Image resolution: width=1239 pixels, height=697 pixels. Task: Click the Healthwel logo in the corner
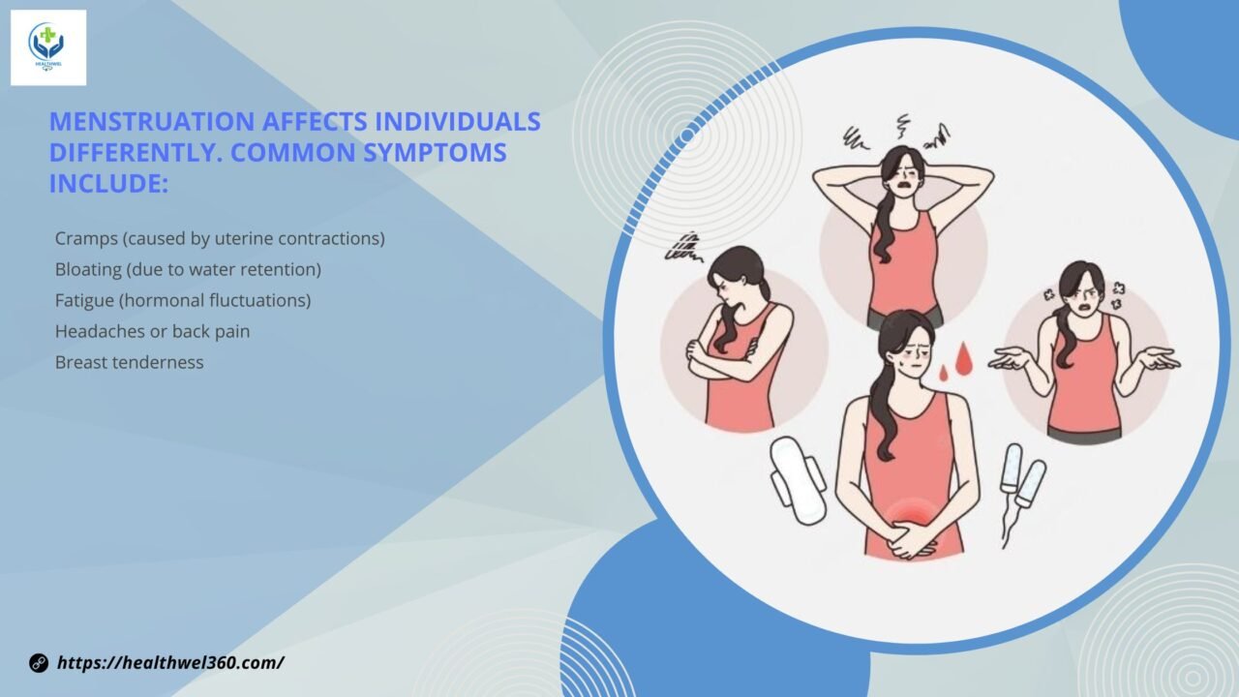pos(48,47)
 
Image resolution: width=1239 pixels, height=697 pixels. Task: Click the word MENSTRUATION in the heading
pos(152,122)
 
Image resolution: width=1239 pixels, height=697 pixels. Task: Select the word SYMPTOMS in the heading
pos(435,153)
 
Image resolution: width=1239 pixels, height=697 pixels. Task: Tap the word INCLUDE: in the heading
pos(108,184)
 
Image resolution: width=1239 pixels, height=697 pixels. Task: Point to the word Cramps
pos(86,239)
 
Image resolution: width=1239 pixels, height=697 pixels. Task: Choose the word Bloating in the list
pos(88,270)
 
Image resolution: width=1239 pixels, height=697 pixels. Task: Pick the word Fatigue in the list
pos(84,301)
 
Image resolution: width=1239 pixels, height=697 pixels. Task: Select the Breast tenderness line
pos(130,362)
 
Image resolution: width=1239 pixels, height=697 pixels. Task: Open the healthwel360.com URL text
pos(171,663)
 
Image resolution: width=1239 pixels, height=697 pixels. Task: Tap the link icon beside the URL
pos(39,663)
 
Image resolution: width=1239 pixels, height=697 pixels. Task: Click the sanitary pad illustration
pos(799,480)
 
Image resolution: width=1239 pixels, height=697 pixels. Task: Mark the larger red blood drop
pos(964,359)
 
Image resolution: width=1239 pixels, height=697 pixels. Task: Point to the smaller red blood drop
pos(944,374)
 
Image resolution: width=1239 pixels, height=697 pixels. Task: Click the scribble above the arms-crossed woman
pos(683,248)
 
